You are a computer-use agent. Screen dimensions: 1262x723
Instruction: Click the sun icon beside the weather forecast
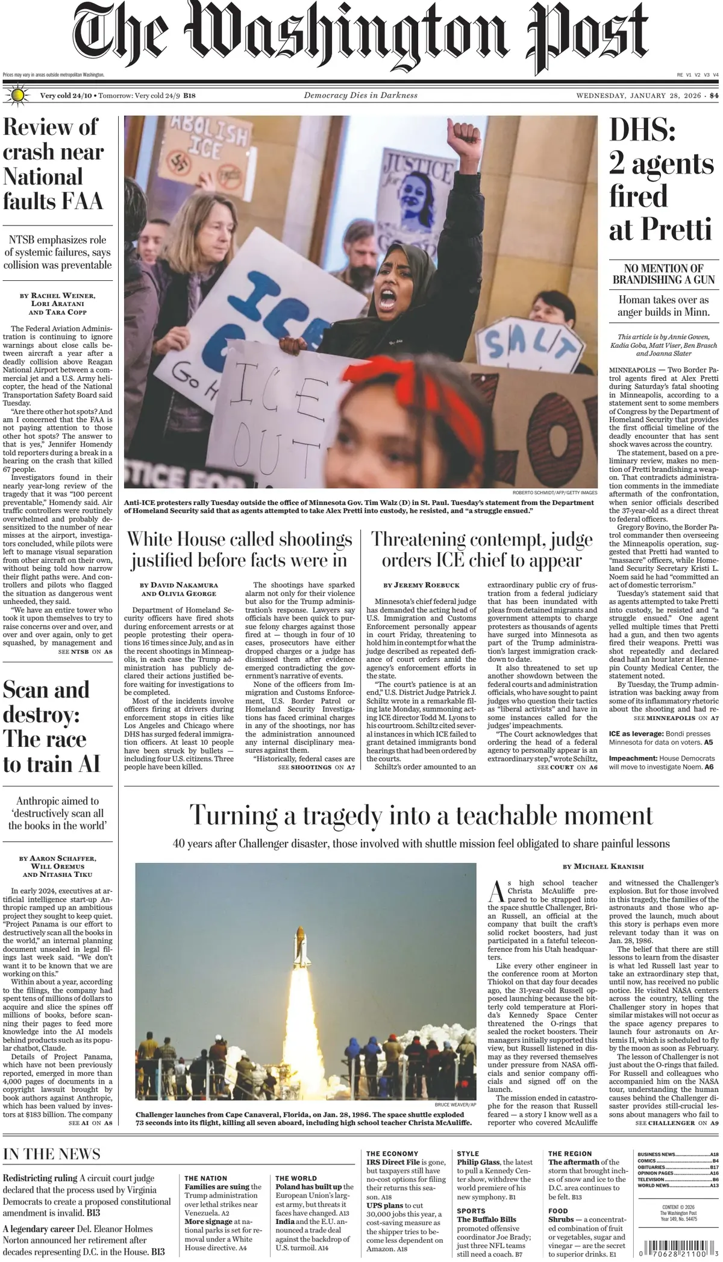[x=18, y=95]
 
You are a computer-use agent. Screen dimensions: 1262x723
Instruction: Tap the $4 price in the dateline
[x=714, y=95]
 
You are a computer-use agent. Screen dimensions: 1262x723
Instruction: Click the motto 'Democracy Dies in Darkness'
[x=360, y=95]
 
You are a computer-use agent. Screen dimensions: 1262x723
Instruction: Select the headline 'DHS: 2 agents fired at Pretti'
[x=661, y=180]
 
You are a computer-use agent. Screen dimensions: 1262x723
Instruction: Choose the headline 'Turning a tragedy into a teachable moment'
[x=421, y=815]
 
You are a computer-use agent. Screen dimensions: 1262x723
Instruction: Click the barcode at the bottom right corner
[x=677, y=1251]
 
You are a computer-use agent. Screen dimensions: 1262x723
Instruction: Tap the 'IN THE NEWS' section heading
[x=51, y=1154]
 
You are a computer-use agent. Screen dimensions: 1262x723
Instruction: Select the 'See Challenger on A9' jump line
[x=676, y=1123]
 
